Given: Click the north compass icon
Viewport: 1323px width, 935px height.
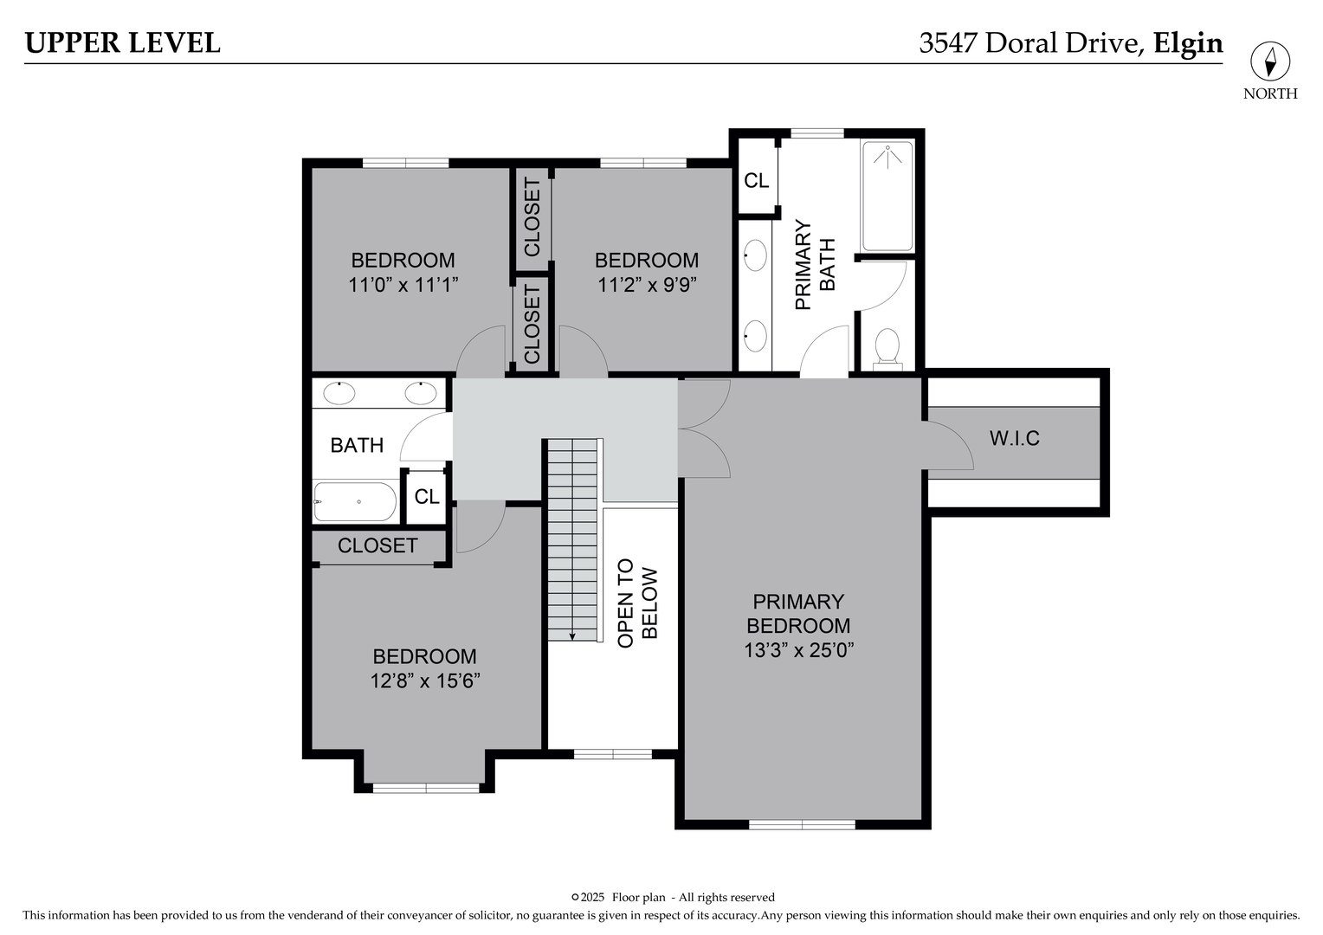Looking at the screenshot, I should (1270, 62).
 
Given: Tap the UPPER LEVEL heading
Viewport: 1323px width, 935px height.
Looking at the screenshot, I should (122, 42).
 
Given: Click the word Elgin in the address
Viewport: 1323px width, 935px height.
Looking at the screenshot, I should (1188, 43).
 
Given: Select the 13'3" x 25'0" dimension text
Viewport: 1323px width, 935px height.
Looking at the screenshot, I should (798, 650).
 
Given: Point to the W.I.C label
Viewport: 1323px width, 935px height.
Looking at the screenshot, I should (1014, 438).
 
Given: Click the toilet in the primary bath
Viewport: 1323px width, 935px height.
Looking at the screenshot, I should (887, 347).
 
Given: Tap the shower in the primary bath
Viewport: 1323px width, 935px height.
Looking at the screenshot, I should (887, 196).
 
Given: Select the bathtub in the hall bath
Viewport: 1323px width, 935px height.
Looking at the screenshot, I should (355, 501).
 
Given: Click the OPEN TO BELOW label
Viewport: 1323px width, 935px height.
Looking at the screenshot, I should (638, 603).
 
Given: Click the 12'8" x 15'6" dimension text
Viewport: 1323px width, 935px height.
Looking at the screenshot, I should (424, 681).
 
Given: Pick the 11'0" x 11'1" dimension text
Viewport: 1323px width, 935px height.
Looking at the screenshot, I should (403, 285).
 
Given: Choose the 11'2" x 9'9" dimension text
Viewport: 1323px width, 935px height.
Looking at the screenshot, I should (647, 285).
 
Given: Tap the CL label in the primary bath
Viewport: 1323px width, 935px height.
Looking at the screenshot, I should (756, 181).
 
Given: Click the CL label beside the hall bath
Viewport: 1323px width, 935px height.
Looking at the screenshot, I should (426, 497).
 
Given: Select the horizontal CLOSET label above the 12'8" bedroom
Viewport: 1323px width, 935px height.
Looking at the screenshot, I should (378, 545).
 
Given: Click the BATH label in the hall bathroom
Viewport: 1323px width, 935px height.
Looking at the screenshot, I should (357, 445).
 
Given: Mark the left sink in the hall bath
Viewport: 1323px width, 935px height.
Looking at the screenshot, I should (339, 394).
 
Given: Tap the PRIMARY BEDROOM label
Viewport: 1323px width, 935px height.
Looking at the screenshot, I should (798, 613).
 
